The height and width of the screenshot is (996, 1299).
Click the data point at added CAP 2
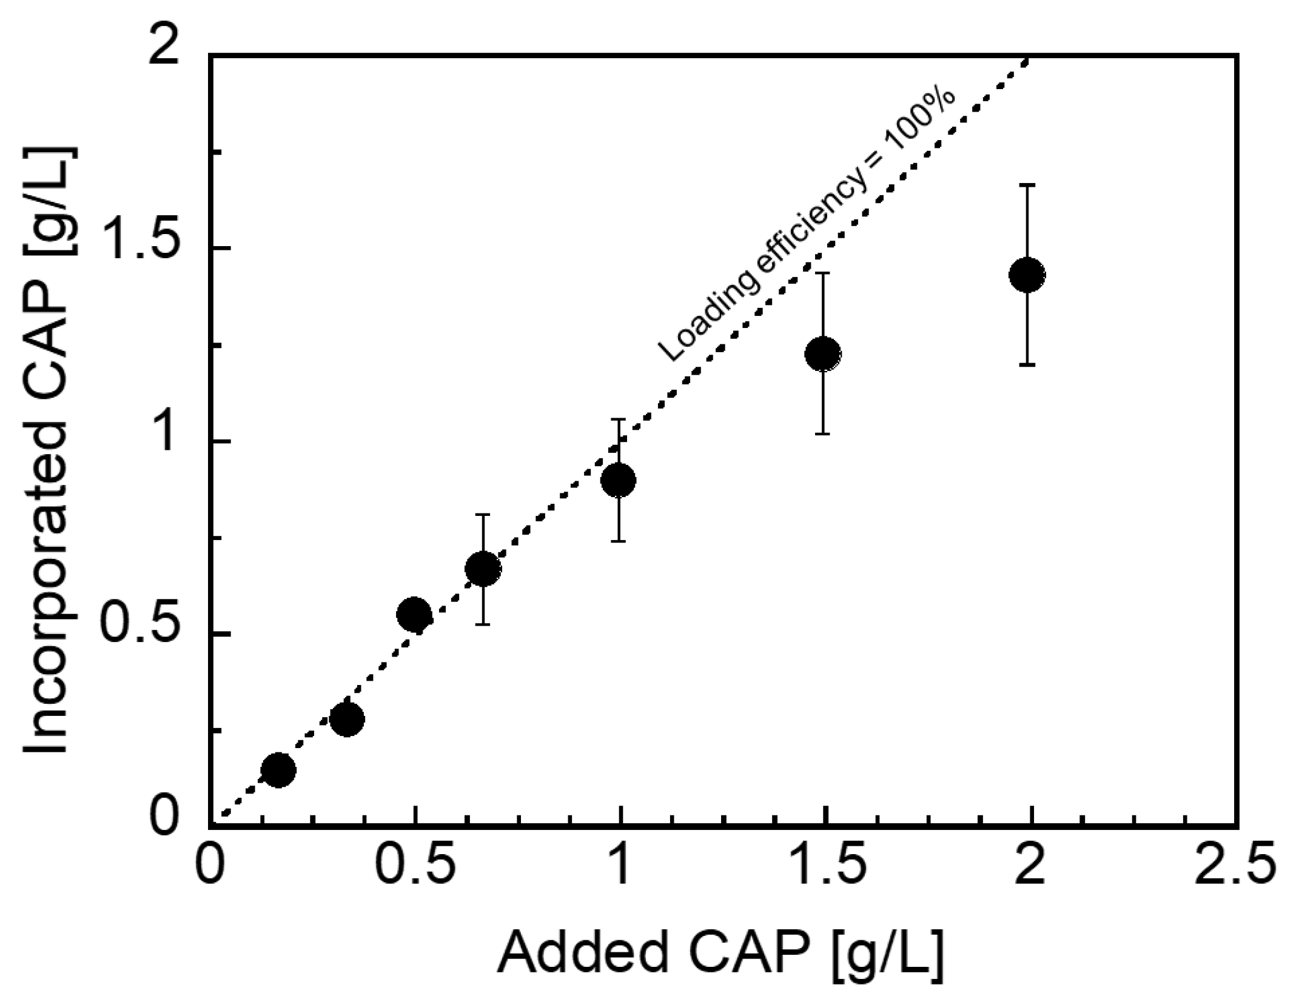pyautogui.click(x=1026, y=275)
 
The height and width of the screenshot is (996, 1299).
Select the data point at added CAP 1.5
pyautogui.click(x=822, y=353)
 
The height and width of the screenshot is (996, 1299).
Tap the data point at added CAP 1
pyautogui.click(x=618, y=481)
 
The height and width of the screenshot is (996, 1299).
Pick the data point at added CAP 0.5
pyautogui.click(x=414, y=614)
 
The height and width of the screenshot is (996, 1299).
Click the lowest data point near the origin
pyautogui.click(x=278, y=770)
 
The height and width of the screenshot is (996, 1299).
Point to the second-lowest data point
pyautogui.click(x=346, y=719)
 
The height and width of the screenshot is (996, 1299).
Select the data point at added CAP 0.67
pyautogui.click(x=483, y=569)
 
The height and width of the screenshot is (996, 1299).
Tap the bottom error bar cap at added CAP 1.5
pyautogui.click(x=822, y=434)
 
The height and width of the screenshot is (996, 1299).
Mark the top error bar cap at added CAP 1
pyautogui.click(x=618, y=419)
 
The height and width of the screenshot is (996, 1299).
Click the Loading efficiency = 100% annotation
pyautogui.click(x=807, y=227)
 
